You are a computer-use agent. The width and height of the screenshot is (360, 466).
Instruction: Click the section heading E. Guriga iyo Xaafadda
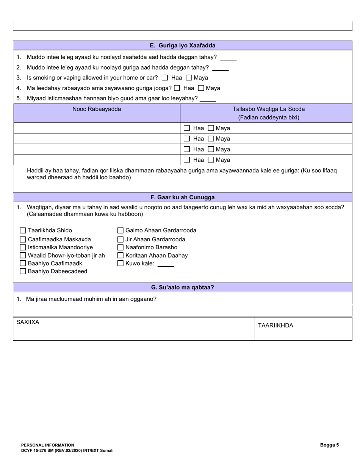182,45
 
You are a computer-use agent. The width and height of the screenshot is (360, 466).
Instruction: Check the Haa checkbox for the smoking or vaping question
165,78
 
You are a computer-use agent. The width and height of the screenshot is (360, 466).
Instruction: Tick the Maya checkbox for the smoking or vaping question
189,78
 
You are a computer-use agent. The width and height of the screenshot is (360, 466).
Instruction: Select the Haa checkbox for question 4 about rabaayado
177,88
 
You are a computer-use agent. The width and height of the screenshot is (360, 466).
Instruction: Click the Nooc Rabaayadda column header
97,109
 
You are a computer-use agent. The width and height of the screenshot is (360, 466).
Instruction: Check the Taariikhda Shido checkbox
23,230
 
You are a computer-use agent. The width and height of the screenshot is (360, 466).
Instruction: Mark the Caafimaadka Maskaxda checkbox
23,239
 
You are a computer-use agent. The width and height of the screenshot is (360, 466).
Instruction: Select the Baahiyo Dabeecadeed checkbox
23,271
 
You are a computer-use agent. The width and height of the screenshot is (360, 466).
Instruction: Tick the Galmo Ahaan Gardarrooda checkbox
121,230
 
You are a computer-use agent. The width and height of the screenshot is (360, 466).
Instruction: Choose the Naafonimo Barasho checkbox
121,247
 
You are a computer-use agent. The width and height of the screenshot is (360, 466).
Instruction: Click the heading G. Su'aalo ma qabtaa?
182,288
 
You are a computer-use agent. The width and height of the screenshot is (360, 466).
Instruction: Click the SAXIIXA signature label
28,322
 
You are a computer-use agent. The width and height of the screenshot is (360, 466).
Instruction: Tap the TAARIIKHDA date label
275,326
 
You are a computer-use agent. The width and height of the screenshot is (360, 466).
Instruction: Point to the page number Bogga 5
329,445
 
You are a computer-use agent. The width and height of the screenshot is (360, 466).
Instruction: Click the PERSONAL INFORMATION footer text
48,445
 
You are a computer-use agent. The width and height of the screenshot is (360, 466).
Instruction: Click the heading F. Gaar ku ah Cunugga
182,197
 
